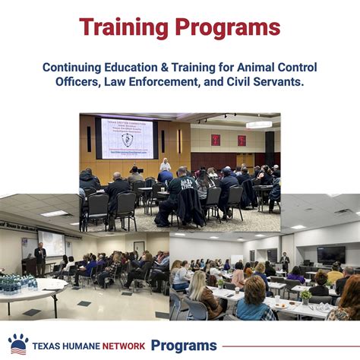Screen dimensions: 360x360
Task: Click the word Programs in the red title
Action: [x=229, y=28]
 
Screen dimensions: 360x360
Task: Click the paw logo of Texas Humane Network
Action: [x=18, y=344]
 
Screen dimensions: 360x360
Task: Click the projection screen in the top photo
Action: [x=126, y=139]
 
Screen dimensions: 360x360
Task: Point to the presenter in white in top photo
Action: [x=165, y=166]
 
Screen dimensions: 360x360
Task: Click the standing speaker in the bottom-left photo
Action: [x=40, y=258]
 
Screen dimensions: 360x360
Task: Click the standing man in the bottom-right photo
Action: [x=285, y=262]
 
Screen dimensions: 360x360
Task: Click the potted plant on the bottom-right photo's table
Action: [x=306, y=296]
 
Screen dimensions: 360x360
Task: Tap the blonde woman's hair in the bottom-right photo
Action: [x=198, y=285]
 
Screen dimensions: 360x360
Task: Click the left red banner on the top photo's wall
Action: [x=215, y=140]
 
